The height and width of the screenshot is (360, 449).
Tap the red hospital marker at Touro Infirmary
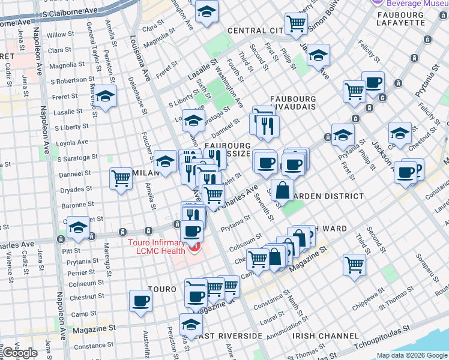coord(194,248)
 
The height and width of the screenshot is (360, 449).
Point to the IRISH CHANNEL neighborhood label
coord(321,337)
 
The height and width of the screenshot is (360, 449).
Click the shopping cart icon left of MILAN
coord(121,178)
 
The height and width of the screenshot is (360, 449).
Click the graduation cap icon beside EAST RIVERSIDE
coord(191,325)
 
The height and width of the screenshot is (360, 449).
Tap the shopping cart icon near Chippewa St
coord(355,264)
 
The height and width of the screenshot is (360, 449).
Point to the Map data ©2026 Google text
coord(411,355)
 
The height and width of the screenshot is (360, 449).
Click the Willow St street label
coord(60,35)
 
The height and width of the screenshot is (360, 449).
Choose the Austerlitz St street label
coord(145,343)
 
